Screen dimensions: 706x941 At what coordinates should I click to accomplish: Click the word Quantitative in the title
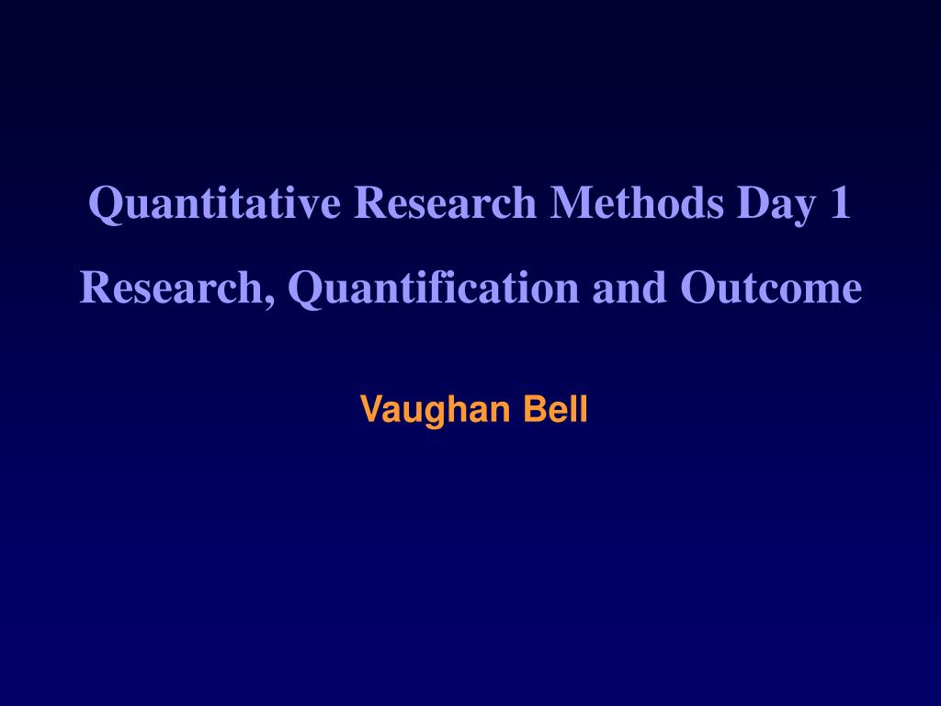pos(215,203)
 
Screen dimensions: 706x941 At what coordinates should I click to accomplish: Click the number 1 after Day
pos(840,203)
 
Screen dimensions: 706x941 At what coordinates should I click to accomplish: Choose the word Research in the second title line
pos(174,288)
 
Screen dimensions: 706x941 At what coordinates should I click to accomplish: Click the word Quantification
pos(433,290)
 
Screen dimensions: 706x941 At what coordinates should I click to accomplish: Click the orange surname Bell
pos(555,408)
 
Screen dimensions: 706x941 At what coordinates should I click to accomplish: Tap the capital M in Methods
pos(570,203)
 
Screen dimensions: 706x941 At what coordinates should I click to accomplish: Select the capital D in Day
pos(751,203)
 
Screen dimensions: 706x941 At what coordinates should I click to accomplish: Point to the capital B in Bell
pos(534,408)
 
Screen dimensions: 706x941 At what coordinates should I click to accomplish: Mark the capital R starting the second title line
pos(95,288)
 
